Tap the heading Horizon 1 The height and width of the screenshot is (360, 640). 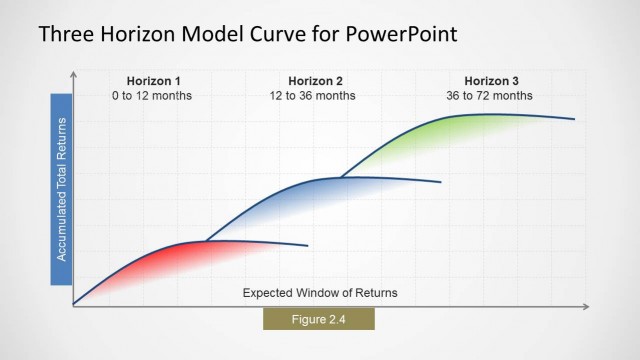(x=152, y=81)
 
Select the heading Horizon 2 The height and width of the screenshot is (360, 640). (x=315, y=81)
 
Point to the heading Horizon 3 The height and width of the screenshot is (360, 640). (x=490, y=81)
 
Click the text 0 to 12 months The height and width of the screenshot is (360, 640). (x=152, y=96)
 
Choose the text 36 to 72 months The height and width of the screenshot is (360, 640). (x=490, y=96)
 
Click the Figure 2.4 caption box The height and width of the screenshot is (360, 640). (x=318, y=319)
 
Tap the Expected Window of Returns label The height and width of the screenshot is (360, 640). (x=320, y=293)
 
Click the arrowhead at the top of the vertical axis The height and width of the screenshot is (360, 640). (x=73, y=74)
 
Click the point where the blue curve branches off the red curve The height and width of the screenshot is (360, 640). (x=205, y=241)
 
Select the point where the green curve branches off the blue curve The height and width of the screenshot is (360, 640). (x=341, y=177)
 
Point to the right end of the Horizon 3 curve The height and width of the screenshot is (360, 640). (x=574, y=119)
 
